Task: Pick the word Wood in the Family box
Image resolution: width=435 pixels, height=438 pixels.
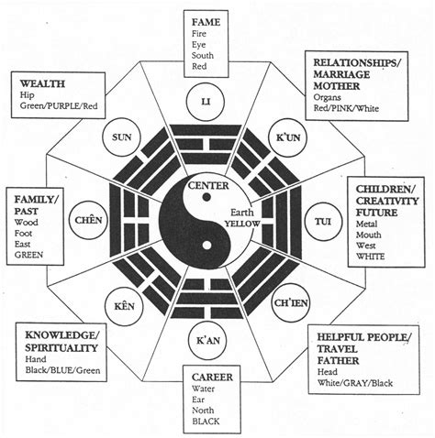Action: tap(26, 221)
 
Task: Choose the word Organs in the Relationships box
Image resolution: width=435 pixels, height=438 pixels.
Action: tap(329, 94)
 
